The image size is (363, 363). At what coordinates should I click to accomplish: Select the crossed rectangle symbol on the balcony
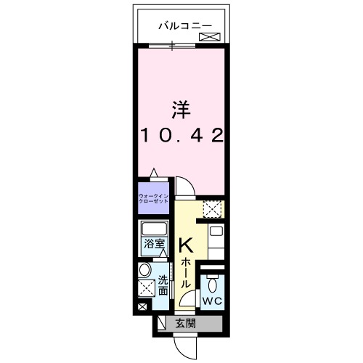[209, 36]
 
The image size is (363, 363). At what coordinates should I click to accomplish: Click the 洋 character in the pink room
[180, 110]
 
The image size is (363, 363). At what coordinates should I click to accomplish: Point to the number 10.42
[180, 134]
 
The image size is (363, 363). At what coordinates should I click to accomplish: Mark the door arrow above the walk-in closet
[153, 174]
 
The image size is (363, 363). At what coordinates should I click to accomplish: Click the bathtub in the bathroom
[154, 227]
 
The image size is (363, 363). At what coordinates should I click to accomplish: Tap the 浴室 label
[153, 245]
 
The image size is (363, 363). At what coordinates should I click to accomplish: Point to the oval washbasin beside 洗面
[144, 271]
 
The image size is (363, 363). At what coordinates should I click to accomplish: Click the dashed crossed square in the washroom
[146, 289]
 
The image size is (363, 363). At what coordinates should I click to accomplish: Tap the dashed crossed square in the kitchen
[212, 210]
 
